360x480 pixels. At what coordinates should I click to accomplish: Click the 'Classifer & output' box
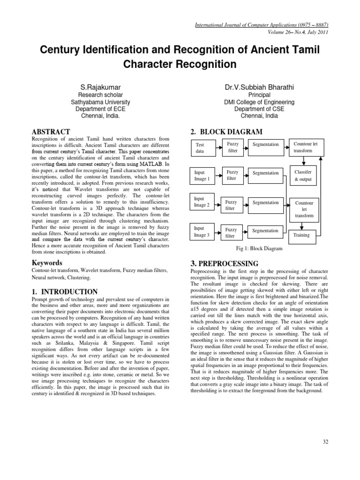306,176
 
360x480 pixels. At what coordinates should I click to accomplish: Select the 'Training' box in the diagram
301,235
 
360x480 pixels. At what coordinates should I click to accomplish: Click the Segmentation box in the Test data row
265,145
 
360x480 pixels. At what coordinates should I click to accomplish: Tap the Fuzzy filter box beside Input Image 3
232,232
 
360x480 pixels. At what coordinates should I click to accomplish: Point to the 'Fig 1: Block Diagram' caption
260,249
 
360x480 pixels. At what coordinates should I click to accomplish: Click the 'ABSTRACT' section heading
51,132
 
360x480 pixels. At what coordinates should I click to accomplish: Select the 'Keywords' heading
47,262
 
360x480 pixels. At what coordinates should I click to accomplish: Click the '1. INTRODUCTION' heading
65,292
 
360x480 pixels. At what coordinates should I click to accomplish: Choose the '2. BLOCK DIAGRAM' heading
227,132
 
